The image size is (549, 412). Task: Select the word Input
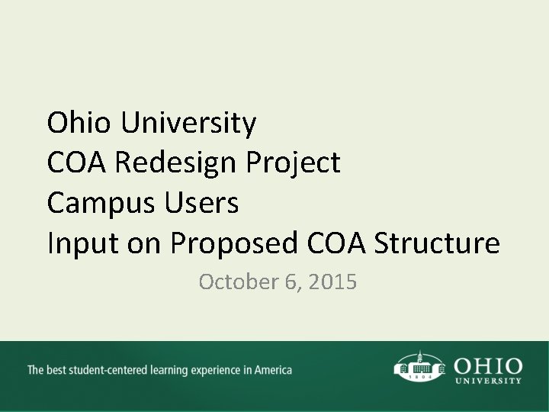pyautogui.click(x=75, y=245)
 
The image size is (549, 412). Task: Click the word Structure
pyautogui.click(x=438, y=243)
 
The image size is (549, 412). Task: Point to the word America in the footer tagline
pyautogui.click(x=272, y=371)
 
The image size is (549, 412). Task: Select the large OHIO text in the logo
pyautogui.click(x=487, y=365)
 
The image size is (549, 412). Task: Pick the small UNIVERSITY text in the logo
pyautogui.click(x=487, y=380)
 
